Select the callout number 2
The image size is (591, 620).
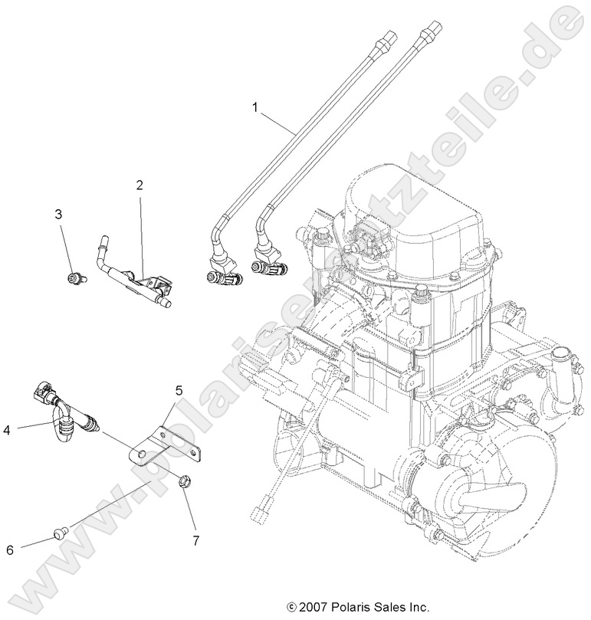coord(140,185)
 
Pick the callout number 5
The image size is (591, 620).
coord(178,392)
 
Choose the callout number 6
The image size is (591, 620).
coord(10,549)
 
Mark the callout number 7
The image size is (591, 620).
coord(195,540)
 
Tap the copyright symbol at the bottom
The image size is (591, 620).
coord(291,606)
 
